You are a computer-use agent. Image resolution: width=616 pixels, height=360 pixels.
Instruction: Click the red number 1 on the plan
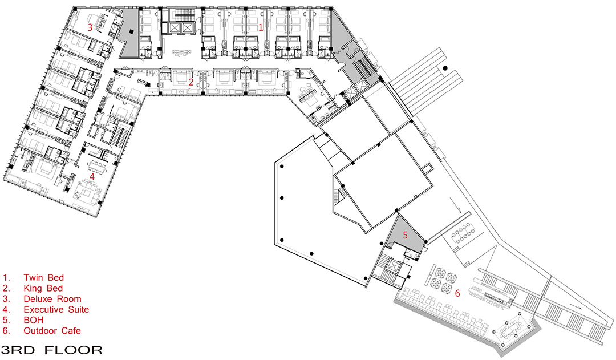(261, 27)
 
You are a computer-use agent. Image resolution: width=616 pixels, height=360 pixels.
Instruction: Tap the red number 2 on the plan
(191, 83)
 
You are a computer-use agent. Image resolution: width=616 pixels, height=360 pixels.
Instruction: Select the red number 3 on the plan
(90, 27)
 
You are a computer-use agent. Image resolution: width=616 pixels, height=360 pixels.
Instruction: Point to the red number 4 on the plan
(92, 177)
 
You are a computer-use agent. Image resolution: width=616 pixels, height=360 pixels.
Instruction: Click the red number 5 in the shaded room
(406, 236)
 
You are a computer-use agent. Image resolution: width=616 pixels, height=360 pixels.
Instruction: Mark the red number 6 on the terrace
(457, 293)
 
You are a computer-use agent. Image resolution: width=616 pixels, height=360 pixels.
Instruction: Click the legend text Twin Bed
(43, 277)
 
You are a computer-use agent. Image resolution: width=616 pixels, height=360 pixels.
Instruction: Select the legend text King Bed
(43, 288)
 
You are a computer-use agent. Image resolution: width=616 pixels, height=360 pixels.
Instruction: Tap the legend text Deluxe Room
(52, 299)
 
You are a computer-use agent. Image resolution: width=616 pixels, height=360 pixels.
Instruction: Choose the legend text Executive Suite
(56, 309)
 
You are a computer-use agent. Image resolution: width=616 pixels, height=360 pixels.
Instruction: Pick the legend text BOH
(34, 320)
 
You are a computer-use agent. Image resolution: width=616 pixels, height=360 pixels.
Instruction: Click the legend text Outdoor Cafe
(52, 330)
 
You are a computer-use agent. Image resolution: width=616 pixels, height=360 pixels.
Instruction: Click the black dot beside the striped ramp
(445, 68)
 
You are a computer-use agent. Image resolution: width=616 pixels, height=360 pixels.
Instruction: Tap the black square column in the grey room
(132, 32)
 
